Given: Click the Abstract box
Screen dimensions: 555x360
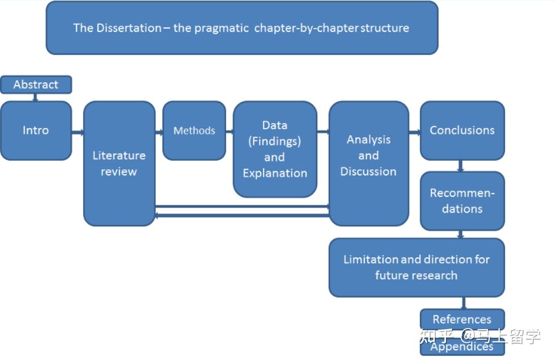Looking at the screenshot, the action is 36,85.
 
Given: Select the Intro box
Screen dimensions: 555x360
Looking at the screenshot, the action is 36,130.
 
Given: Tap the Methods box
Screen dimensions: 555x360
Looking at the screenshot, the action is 194,130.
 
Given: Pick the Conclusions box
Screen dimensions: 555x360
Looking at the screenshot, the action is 462,130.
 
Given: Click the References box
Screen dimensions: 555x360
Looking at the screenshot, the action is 462,319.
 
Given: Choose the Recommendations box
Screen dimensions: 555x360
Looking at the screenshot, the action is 462,201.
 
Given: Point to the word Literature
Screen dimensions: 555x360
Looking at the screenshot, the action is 119,156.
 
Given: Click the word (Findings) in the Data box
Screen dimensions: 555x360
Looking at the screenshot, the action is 274,141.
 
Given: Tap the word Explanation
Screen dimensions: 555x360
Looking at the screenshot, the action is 275,173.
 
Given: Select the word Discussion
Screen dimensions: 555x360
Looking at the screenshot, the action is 368,171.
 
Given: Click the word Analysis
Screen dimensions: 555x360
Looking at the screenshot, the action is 369,140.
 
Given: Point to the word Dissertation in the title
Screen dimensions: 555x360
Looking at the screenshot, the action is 129,28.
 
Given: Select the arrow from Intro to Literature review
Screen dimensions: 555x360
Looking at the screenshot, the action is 78,133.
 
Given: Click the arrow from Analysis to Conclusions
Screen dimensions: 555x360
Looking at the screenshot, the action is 414,133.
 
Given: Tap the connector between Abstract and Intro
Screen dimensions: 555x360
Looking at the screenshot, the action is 35,97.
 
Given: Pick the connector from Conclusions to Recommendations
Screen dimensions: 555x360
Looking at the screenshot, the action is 461,166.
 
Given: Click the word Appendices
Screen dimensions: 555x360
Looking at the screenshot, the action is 462,347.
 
